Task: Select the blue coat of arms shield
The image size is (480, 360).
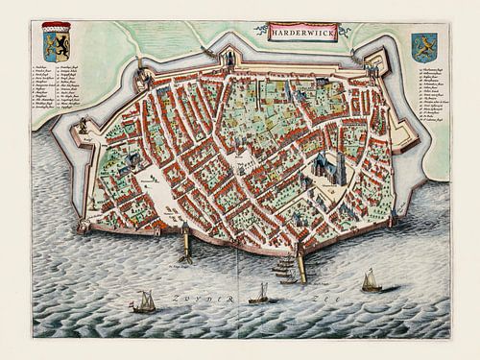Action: [x=423, y=47]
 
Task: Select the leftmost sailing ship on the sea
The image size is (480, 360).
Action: [x=144, y=302]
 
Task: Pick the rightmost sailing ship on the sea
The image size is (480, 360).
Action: [x=370, y=281]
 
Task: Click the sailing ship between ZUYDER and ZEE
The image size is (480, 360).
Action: [x=259, y=294]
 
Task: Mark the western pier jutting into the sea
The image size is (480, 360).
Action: [x=185, y=245]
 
